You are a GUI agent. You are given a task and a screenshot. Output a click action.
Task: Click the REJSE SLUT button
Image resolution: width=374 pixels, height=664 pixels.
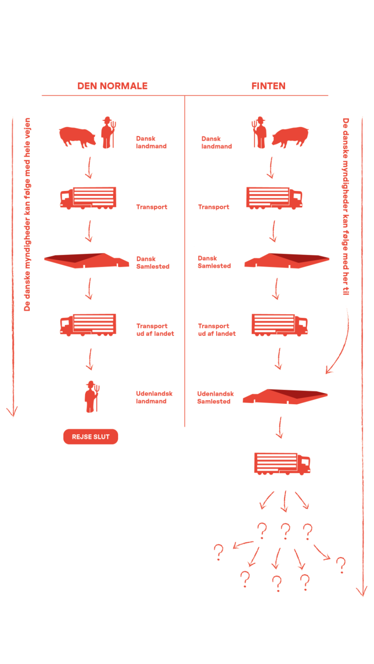pyautogui.click(x=91, y=437)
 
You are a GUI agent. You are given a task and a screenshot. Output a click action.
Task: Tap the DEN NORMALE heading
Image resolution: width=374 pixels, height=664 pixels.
pyautogui.click(x=112, y=86)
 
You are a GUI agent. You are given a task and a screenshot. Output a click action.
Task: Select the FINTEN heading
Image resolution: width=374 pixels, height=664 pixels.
pyautogui.click(x=268, y=86)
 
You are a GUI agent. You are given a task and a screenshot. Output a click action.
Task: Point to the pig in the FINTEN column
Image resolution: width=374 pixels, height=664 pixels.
pyautogui.click(x=291, y=137)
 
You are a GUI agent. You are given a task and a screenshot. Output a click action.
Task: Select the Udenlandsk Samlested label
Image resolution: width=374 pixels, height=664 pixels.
pyautogui.click(x=215, y=397)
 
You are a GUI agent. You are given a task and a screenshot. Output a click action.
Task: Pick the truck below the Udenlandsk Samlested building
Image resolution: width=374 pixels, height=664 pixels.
pyautogui.click(x=282, y=464)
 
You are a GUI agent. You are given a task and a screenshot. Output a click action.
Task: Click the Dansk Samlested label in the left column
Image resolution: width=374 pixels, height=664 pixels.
pyautogui.click(x=153, y=262)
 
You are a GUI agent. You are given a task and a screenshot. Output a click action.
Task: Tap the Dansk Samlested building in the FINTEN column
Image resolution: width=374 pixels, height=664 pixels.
pyautogui.click(x=287, y=261)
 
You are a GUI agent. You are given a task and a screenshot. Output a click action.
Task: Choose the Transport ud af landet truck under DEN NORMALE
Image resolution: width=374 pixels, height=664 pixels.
pyautogui.click(x=88, y=325)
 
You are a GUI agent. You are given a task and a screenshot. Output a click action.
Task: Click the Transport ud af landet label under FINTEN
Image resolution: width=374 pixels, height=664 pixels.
pyautogui.click(x=217, y=330)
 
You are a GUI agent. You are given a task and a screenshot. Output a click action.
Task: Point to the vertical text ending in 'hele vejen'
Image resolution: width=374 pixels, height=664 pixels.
pyautogui.click(x=27, y=214)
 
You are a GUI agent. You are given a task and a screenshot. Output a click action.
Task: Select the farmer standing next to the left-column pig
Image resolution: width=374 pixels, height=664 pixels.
pyautogui.click(x=108, y=132)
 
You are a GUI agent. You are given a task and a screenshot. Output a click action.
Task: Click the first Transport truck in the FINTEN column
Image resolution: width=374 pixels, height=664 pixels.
pyautogui.click(x=274, y=198)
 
